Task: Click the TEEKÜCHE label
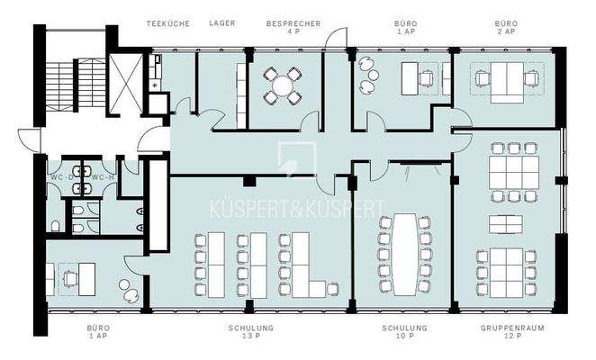[x=168, y=23]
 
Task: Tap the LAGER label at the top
[x=221, y=23]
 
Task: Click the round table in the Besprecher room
[x=283, y=85]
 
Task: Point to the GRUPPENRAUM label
[x=504, y=328]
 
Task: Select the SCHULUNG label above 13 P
[x=252, y=328]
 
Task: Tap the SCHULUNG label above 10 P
[x=404, y=328]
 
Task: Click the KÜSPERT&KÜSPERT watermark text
[x=297, y=210]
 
